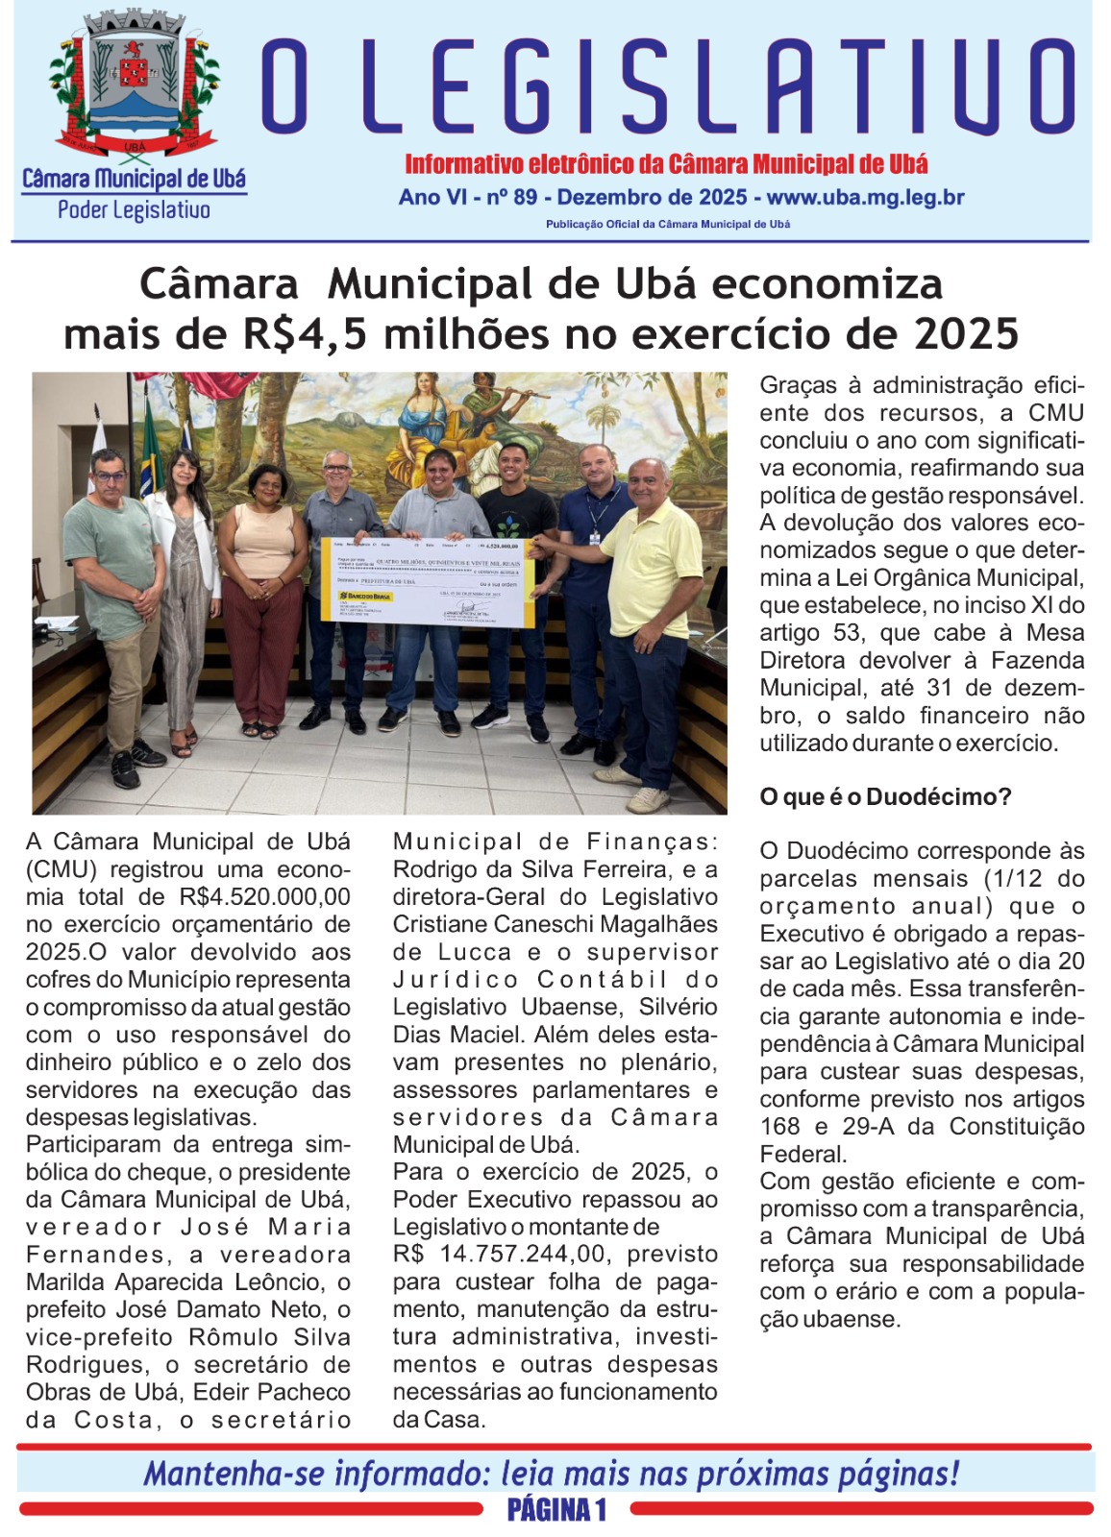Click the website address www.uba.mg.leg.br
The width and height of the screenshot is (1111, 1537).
(x=865, y=198)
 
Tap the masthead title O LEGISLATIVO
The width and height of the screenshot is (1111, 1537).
(x=667, y=86)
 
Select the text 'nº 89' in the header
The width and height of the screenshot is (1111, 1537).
(x=511, y=198)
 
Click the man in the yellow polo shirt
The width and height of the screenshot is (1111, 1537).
(x=646, y=615)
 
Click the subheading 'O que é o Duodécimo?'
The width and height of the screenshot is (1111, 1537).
(x=885, y=797)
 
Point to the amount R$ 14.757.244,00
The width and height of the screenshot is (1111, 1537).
(x=555, y=1255)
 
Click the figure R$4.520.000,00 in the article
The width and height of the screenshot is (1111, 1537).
(x=264, y=897)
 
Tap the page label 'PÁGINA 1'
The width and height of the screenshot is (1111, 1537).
(x=556, y=1510)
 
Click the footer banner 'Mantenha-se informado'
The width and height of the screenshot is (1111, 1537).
(x=552, y=1473)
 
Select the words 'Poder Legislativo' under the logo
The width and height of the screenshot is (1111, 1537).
(x=134, y=210)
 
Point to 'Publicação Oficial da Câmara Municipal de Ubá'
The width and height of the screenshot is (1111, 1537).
(x=667, y=224)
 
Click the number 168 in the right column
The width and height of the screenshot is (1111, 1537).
(x=778, y=1127)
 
